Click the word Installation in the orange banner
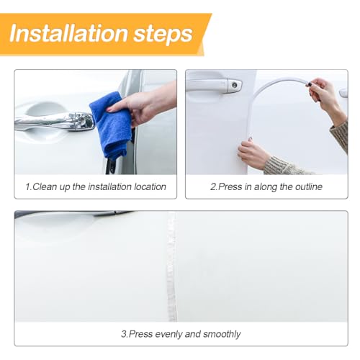(x=68, y=33)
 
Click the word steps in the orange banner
(x=163, y=35)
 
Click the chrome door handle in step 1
(x=54, y=121)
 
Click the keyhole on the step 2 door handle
(x=235, y=85)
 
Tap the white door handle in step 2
(x=214, y=85)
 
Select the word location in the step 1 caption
(x=150, y=186)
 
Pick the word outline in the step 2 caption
(x=309, y=186)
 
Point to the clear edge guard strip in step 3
(x=172, y=266)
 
